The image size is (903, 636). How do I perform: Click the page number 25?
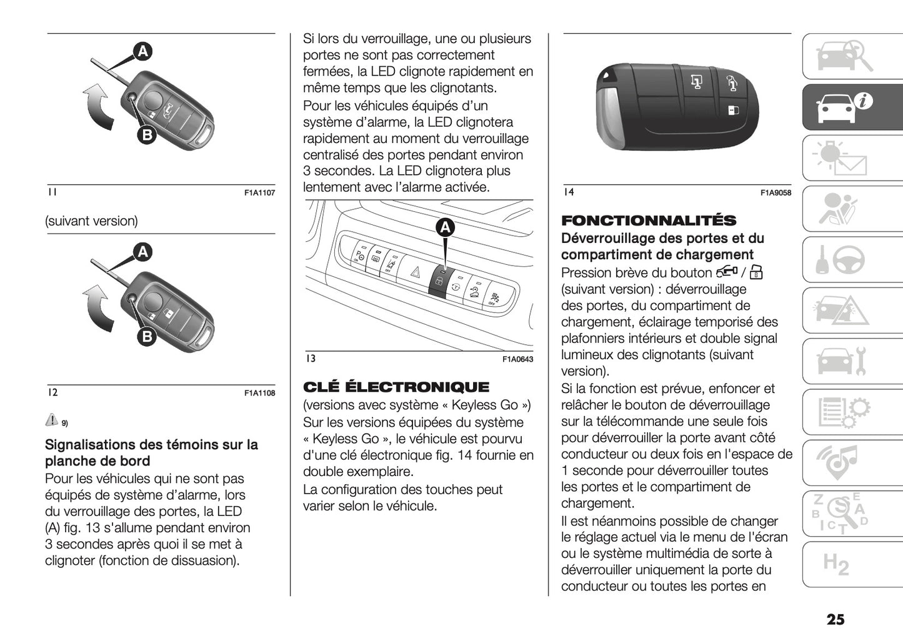(x=835, y=619)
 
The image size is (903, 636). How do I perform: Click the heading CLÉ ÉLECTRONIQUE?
(x=396, y=387)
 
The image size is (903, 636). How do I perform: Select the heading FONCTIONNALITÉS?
(x=649, y=221)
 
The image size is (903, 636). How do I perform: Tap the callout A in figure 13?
(x=445, y=228)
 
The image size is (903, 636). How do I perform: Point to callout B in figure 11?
(x=146, y=134)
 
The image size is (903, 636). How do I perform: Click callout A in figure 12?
(x=143, y=252)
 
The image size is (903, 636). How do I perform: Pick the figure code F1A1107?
(x=259, y=193)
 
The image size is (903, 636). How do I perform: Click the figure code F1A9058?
(x=776, y=193)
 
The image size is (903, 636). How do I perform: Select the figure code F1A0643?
(x=517, y=359)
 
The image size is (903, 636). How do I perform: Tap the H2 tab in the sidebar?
(x=836, y=564)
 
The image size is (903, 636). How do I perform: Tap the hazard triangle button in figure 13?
(x=414, y=272)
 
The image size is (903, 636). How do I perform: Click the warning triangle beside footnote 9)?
(x=52, y=420)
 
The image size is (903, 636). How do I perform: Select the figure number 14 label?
(x=568, y=192)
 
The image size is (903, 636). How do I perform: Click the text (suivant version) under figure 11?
(x=91, y=221)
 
